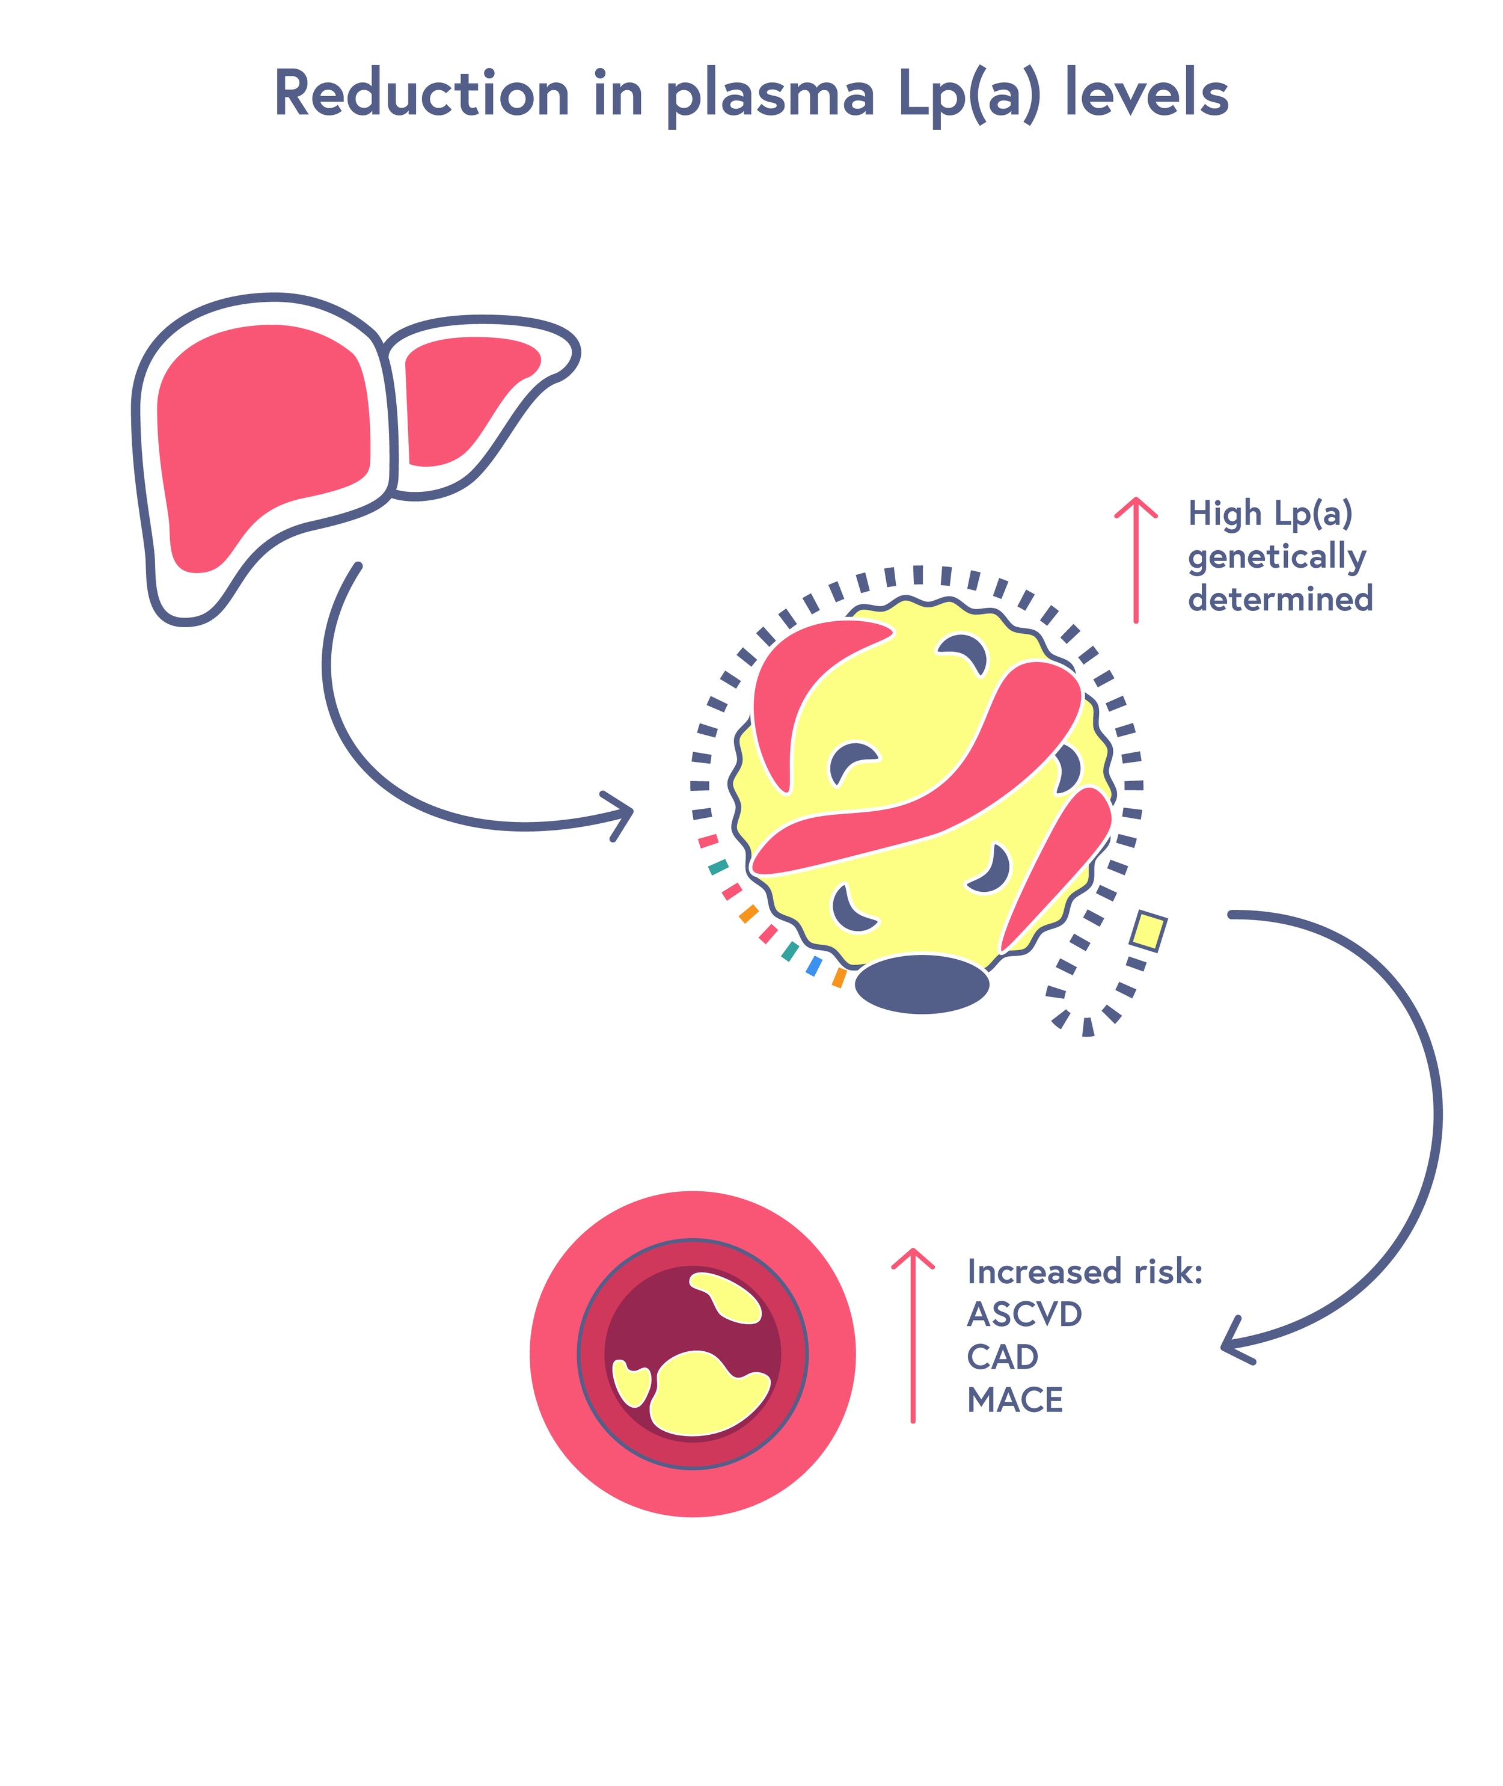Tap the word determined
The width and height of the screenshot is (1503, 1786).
1280,599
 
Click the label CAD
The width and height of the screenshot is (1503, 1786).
1002,1357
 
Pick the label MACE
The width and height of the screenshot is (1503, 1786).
1014,1400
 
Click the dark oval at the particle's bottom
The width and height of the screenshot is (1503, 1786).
922,984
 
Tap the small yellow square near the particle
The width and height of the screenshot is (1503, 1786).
1148,930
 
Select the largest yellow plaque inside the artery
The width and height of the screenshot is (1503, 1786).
703,1393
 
